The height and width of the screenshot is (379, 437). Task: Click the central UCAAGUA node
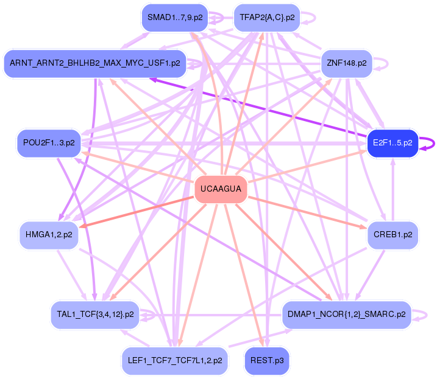tap(221, 190)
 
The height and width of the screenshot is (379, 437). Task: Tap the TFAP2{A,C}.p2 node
tap(267, 18)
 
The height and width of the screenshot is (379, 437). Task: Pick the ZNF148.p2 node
tap(346, 63)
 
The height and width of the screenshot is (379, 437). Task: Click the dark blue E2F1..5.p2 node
tap(393, 144)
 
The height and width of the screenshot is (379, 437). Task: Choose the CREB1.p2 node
tap(392, 234)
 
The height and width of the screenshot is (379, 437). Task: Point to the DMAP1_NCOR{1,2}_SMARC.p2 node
tap(346, 315)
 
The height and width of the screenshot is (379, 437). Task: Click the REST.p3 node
tap(267, 360)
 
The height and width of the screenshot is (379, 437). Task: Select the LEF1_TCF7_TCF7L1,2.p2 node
tap(174, 360)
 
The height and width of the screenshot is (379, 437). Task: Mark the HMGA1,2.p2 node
tap(49, 234)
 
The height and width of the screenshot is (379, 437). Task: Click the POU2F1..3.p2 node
tap(49, 143)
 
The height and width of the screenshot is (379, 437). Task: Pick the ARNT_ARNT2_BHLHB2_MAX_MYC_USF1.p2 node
tap(94, 63)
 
